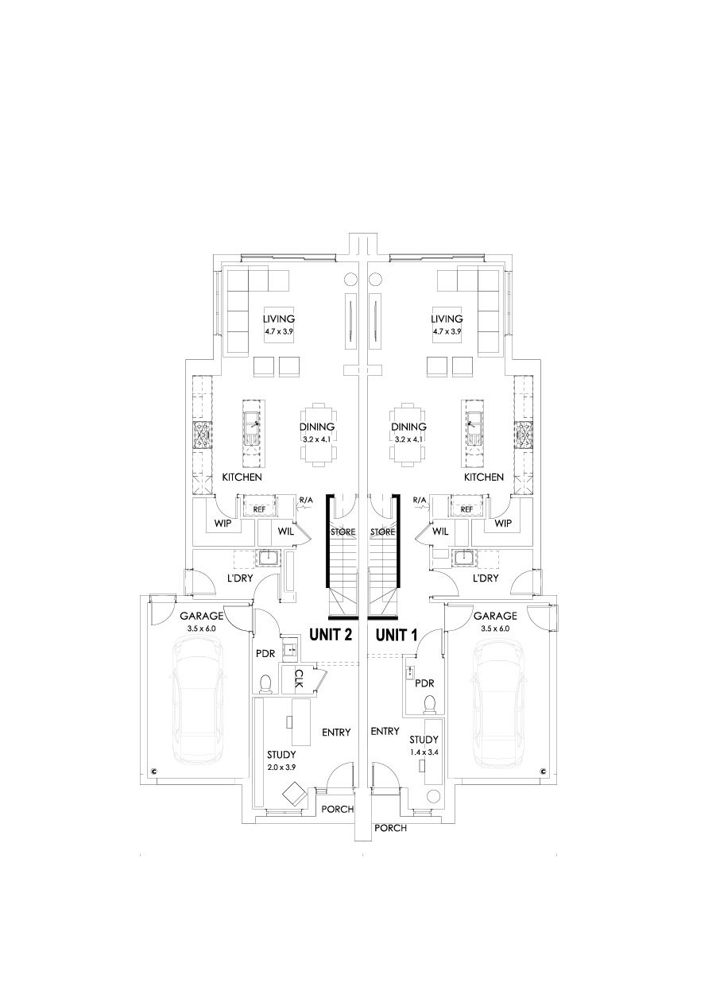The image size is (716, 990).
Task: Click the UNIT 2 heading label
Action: (331, 635)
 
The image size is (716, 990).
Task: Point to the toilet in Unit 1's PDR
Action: (430, 705)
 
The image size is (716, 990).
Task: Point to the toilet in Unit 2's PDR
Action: (266, 683)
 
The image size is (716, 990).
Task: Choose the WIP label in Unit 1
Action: (502, 524)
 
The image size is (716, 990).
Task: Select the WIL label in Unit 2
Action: (286, 532)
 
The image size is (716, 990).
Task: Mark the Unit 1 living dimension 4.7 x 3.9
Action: (447, 331)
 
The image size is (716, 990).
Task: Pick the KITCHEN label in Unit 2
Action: (242, 478)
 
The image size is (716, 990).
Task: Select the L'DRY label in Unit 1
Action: (485, 578)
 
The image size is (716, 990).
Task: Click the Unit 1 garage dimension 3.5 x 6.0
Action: (494, 628)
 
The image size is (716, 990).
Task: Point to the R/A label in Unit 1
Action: (420, 499)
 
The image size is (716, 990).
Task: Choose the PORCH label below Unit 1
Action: (390, 828)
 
